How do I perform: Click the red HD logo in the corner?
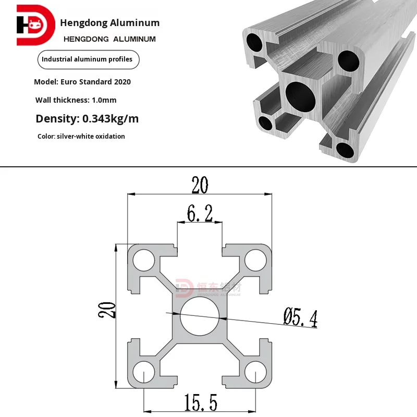(35, 25)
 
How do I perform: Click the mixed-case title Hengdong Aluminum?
(110, 22)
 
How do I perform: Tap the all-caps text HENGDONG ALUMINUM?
(109, 39)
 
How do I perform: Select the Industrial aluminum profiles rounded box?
(87, 59)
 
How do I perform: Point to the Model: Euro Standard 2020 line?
(82, 82)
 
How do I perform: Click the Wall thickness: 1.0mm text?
(76, 100)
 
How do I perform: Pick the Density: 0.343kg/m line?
(87, 119)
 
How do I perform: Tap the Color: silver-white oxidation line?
(81, 137)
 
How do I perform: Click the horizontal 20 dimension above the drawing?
(200, 185)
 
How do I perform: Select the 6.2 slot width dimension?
(200, 213)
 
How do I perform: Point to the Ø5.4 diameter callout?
(300, 317)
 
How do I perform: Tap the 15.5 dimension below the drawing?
(200, 402)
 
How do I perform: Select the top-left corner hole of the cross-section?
(143, 259)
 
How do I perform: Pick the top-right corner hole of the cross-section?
(255, 259)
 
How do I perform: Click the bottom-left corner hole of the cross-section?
(143, 372)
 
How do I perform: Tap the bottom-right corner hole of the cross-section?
(255, 372)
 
